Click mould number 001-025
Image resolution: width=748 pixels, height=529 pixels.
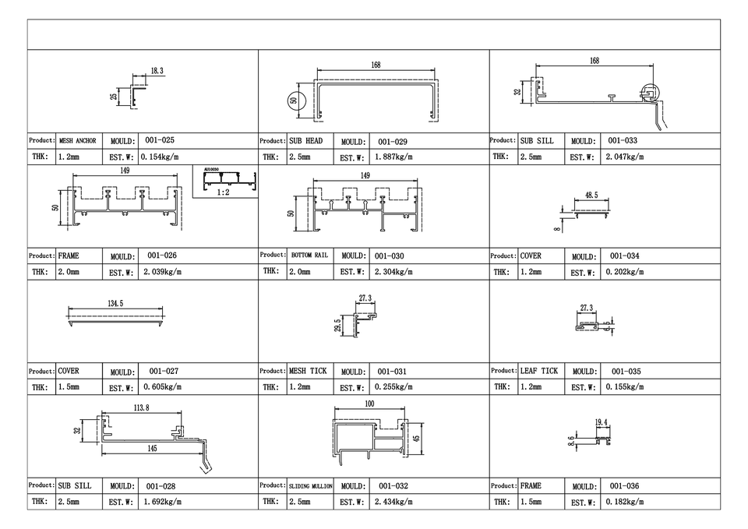[160, 141]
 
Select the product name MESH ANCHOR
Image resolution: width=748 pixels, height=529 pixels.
[77, 141]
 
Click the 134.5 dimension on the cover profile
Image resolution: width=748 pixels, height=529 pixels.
[115, 304]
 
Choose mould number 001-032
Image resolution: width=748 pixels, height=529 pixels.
[394, 486]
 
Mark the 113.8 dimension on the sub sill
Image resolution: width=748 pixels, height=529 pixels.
[141, 407]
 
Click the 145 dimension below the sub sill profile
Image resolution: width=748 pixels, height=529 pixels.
[153, 449]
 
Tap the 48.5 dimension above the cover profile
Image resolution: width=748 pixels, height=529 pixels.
[591, 196]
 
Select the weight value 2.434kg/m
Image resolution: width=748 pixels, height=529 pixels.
[393, 502]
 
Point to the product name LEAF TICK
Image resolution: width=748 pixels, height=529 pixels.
[538, 372]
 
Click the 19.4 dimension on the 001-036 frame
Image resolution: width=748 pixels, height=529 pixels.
[601, 422]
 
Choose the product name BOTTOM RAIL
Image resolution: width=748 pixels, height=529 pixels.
[310, 256]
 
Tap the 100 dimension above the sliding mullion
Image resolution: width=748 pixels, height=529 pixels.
[369, 404]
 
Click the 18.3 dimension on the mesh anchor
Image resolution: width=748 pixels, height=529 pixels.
[157, 71]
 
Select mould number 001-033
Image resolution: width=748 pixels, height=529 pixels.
[623, 141]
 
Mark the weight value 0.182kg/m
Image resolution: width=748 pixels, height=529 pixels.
[625, 502]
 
